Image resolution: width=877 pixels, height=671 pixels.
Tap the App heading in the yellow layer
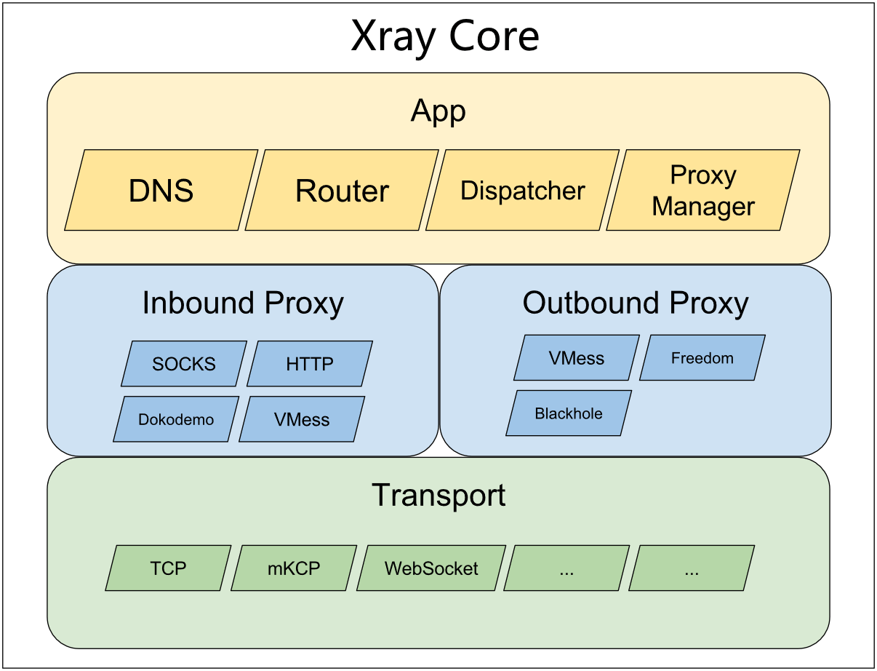click(438, 111)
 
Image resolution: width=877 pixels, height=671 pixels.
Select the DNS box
click(161, 191)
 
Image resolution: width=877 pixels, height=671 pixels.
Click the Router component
click(342, 191)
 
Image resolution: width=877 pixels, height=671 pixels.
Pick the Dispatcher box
click(522, 191)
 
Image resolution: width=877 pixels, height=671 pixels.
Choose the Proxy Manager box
click(702, 191)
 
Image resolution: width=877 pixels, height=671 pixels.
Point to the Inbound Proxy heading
click(242, 303)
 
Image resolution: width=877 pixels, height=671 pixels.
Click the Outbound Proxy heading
click(635, 303)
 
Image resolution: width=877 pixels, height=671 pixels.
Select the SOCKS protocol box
click(184, 364)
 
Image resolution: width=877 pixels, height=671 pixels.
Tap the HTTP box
click(310, 364)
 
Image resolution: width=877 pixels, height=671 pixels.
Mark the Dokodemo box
click(176, 419)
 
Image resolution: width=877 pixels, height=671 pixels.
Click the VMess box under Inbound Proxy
click(302, 419)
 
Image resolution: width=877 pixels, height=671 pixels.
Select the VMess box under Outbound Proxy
click(577, 358)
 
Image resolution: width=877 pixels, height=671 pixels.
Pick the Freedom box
click(702, 358)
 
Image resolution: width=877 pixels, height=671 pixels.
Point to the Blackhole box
click(569, 413)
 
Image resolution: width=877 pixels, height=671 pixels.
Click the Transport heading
click(438, 496)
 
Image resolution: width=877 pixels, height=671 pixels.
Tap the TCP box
click(168, 568)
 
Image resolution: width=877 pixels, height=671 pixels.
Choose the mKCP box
click(294, 568)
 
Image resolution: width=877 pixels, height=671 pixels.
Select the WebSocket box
click(431, 568)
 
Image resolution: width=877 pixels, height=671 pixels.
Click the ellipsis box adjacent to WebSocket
click(566, 568)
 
